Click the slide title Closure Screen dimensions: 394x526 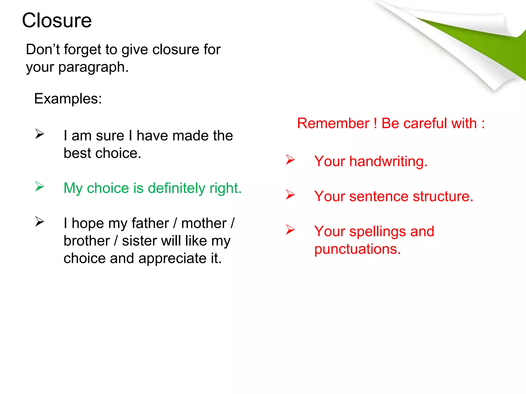pyautogui.click(x=57, y=21)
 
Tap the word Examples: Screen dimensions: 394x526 pyautogui.click(x=68, y=99)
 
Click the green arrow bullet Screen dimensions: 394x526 pyautogui.click(x=40, y=186)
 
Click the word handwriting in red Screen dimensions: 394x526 pyautogui.click(x=388, y=162)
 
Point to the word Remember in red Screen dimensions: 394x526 pyautogui.click(x=333, y=123)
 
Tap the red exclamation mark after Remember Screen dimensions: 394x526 pyautogui.click(x=375, y=123)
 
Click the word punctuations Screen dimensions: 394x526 pyautogui.click(x=357, y=249)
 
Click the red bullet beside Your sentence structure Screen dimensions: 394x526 pyautogui.click(x=290, y=195)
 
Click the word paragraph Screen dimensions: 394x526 pyautogui.click(x=93, y=67)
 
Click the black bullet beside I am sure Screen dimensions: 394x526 pyautogui.click(x=40, y=134)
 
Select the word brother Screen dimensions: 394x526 pyautogui.click(x=87, y=241)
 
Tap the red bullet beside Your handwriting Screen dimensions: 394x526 pyautogui.click(x=290, y=160)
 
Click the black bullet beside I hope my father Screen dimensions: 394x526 pyautogui.click(x=40, y=222)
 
